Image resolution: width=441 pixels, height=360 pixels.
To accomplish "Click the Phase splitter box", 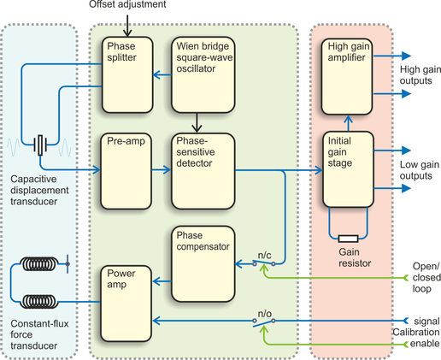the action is click(x=127, y=74).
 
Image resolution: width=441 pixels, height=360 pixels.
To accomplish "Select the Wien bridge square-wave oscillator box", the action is click(x=203, y=74).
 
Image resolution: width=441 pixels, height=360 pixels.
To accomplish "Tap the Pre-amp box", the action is click(x=126, y=171).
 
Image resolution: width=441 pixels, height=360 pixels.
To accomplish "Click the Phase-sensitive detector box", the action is click(x=203, y=171).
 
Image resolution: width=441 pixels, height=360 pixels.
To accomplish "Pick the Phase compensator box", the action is click(x=203, y=263).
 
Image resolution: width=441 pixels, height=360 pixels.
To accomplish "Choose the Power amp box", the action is click(x=126, y=304).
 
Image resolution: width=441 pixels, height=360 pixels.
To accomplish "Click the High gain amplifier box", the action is click(x=347, y=77).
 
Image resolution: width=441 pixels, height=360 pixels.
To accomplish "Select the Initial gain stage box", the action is click(x=348, y=169).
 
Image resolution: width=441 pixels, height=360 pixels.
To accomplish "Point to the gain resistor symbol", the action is click(x=348, y=239).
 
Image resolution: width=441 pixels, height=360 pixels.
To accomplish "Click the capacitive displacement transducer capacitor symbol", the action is click(x=40, y=145).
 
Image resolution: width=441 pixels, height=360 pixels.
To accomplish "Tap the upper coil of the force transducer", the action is click(x=38, y=264).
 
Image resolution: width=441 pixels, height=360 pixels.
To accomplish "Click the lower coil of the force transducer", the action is click(x=38, y=302).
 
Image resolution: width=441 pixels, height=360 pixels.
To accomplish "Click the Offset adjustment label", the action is click(x=127, y=4).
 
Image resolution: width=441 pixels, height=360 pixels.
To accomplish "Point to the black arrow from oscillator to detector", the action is click(x=197, y=123).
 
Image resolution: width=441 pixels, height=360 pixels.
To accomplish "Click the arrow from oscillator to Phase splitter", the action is click(x=162, y=75).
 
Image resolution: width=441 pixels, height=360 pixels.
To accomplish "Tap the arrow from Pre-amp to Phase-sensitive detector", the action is click(x=162, y=170).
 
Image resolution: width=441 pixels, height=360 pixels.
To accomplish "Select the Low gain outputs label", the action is click(x=420, y=170).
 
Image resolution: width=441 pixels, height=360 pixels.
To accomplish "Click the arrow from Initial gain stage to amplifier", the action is click(x=348, y=123).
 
